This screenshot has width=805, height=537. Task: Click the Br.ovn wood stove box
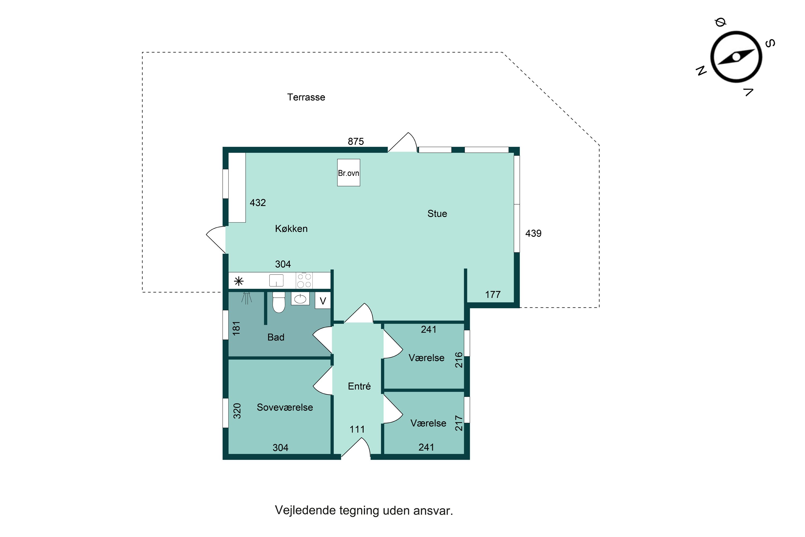coord(348,173)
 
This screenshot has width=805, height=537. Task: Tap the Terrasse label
coord(306,97)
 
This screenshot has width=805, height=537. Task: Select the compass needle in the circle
coord(736,57)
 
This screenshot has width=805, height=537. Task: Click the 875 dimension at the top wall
coord(356,141)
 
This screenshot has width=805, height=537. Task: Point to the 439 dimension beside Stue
coord(533,234)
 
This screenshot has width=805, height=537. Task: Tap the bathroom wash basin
coord(300,299)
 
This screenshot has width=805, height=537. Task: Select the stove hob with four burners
coord(304,281)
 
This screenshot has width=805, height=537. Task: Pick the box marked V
coord(323,301)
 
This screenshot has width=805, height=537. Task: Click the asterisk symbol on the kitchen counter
coord(239,281)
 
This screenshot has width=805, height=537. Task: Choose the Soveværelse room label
coord(285,407)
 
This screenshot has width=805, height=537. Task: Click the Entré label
coord(359,386)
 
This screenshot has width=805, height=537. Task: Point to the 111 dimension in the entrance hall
coord(357,429)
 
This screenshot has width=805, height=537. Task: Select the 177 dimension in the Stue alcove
coord(492,295)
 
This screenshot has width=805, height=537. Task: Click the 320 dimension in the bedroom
coord(237,411)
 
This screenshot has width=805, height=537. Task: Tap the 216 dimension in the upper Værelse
coord(459,360)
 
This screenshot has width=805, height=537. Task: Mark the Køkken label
coord(291,229)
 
